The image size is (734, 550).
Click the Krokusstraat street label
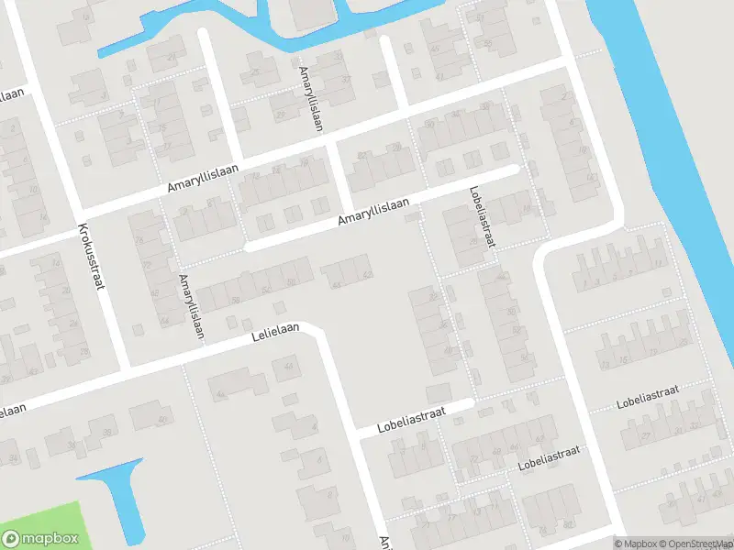tap(89, 258)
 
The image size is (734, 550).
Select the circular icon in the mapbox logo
tap(12, 538)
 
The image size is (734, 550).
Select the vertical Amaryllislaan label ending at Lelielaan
tap(190, 306)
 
